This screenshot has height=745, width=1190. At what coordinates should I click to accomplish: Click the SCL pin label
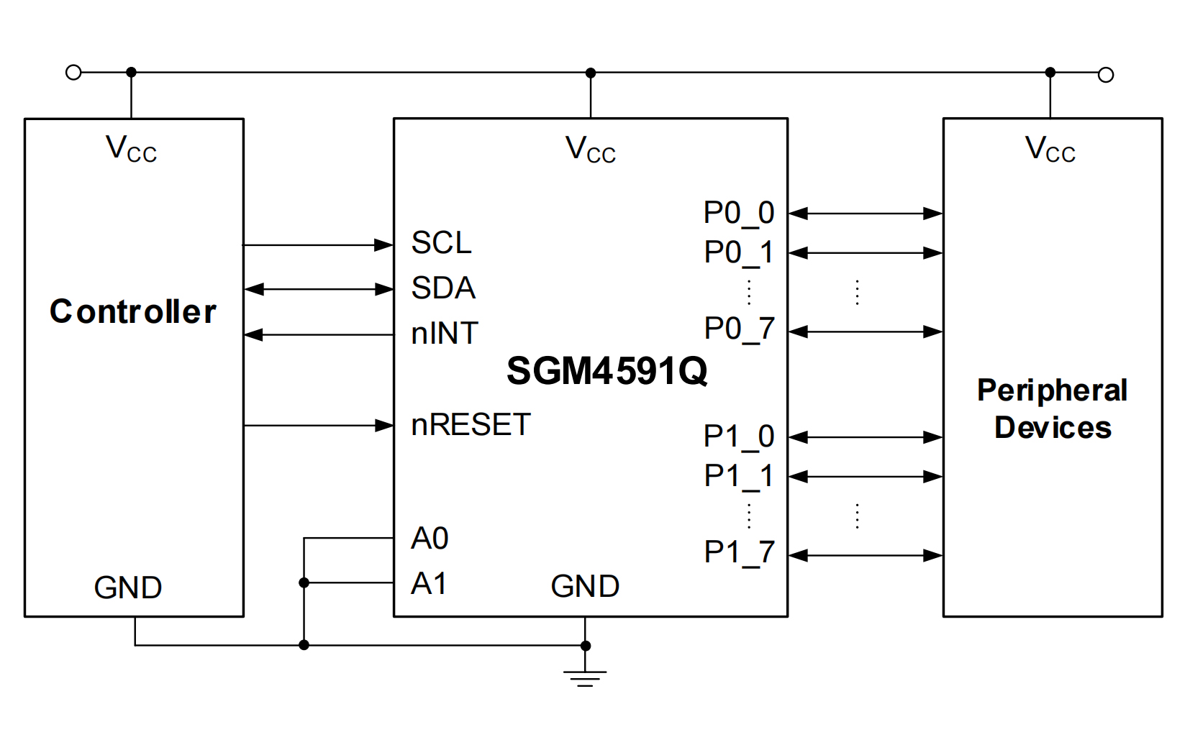pyautogui.click(x=441, y=243)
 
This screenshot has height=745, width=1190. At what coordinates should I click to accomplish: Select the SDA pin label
pyautogui.click(x=443, y=288)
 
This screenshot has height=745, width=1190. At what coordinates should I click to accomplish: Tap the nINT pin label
pyautogui.click(x=445, y=334)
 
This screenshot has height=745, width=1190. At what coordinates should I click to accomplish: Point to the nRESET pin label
pyautogui.click(x=471, y=425)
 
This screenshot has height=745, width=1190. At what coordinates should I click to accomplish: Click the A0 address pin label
pyautogui.click(x=430, y=539)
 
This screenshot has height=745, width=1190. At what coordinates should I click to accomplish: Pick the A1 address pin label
pyautogui.click(x=429, y=583)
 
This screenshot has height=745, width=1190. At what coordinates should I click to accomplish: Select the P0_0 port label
pyautogui.click(x=739, y=214)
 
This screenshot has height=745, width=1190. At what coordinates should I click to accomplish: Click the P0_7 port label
pyautogui.click(x=739, y=329)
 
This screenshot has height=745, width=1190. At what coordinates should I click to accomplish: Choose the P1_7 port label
pyautogui.click(x=739, y=553)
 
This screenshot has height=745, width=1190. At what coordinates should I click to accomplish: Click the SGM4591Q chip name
pyautogui.click(x=607, y=372)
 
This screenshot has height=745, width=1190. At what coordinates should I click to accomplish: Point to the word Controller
pyautogui.click(x=133, y=312)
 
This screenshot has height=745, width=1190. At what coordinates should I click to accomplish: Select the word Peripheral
pyautogui.click(x=1052, y=390)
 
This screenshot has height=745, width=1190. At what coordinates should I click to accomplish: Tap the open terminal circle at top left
pyautogui.click(x=73, y=72)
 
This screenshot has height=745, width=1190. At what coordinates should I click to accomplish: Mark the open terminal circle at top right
pyautogui.click(x=1106, y=75)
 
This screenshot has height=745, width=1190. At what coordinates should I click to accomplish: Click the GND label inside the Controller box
pyautogui.click(x=128, y=588)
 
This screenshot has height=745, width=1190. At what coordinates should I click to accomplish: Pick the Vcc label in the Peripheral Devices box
pyautogui.click(x=1050, y=150)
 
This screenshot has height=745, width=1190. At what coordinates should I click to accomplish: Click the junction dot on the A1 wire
pyautogui.click(x=304, y=582)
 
